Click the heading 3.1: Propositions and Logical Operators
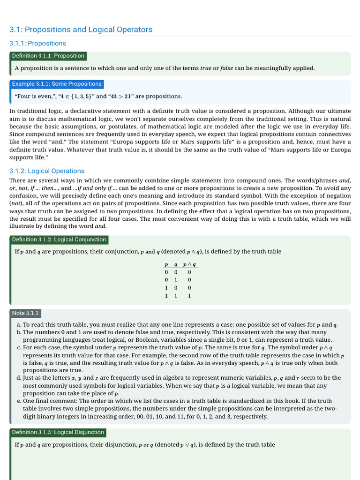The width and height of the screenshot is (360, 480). (x=81, y=30)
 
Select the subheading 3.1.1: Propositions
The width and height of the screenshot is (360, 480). (x=37, y=44)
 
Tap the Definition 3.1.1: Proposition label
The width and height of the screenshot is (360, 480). (x=48, y=56)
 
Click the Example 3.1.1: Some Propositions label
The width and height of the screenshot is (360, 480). (x=57, y=84)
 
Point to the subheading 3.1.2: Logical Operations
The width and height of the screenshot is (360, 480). (x=47, y=171)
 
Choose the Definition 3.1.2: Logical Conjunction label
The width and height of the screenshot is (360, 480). (x=59, y=240)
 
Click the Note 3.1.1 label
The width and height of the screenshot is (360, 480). (x=25, y=313)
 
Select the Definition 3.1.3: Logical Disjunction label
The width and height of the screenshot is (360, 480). (x=58, y=432)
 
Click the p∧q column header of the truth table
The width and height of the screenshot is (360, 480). (x=189, y=264)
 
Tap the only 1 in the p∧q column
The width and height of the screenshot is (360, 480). (x=189, y=296)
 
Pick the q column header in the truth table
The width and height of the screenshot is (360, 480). (x=175, y=264)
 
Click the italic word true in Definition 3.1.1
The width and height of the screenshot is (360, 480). (x=206, y=68)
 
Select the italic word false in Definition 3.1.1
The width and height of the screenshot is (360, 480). (x=226, y=68)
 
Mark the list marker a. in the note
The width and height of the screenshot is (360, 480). (x=18, y=325)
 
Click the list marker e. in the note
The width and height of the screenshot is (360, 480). (x=18, y=401)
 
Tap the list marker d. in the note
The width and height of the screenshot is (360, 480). (x=18, y=378)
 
